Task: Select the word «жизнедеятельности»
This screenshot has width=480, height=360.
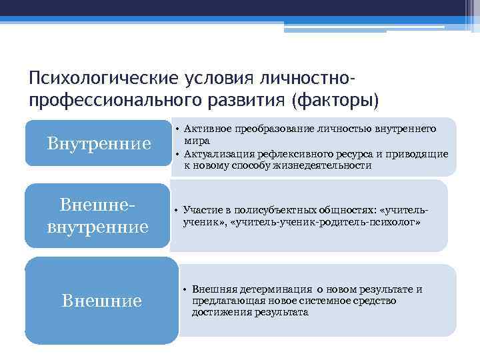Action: click(x=332, y=165)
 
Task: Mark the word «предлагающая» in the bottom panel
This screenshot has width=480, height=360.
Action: click(x=223, y=301)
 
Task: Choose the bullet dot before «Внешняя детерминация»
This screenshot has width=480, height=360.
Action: click(x=184, y=290)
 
